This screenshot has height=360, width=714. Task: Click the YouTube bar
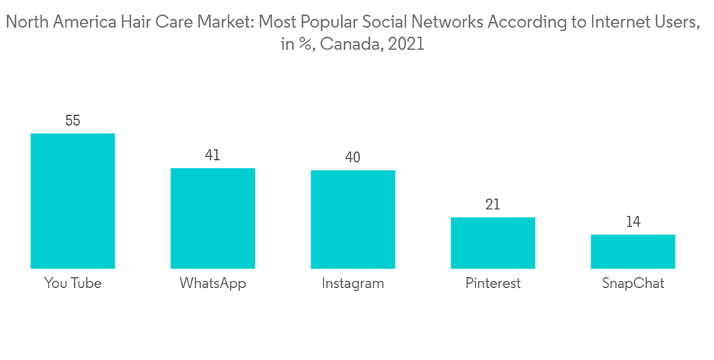73,201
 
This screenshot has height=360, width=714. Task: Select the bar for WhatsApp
212,218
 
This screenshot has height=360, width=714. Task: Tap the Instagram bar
353,219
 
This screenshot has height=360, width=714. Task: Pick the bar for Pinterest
493,243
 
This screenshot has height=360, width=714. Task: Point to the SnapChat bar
633,251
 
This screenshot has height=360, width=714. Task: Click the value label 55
73,121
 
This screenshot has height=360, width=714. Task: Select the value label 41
212,155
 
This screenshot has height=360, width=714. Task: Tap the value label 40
353,157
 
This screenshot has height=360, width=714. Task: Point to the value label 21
493,204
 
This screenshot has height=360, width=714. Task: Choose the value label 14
633,221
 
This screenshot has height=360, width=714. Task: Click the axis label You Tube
73,284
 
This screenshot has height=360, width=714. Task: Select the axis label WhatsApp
213,284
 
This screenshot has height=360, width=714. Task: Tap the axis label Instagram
353,284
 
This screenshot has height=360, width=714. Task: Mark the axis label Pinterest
493,284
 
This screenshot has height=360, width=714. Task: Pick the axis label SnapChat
633,284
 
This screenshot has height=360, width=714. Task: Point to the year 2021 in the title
407,44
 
